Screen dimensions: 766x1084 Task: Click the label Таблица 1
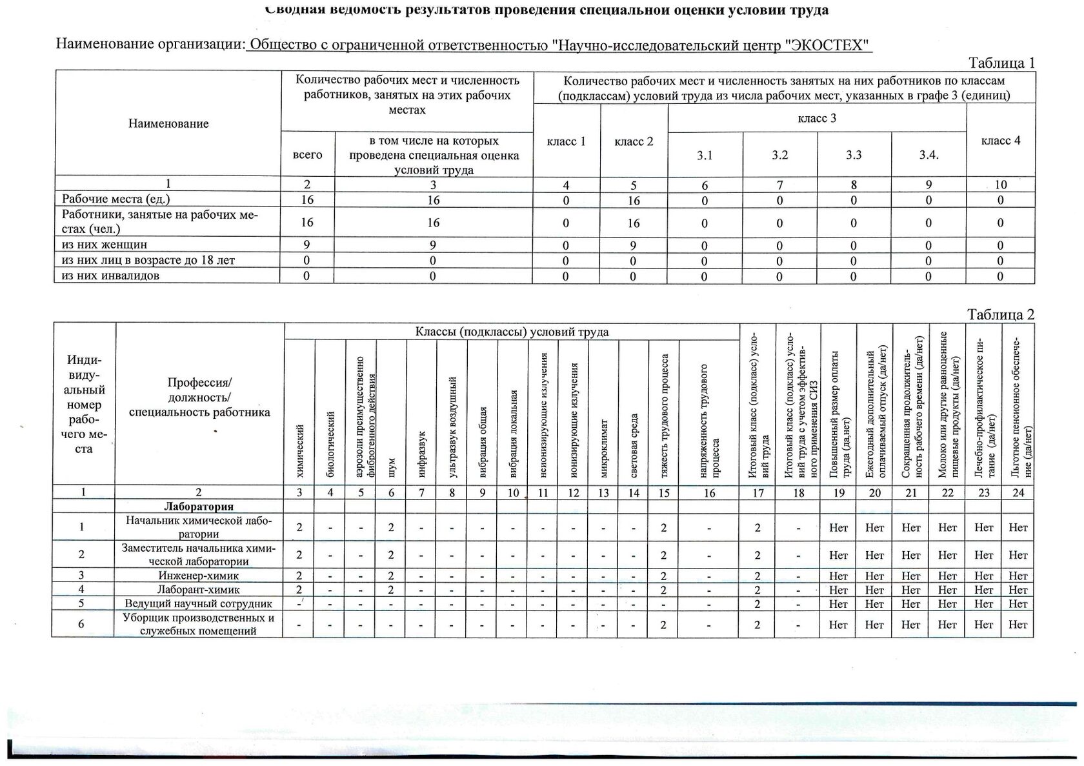(1002, 63)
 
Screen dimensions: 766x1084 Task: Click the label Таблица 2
(1001, 314)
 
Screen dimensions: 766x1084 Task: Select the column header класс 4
(1001, 141)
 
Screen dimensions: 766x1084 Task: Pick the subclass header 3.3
(854, 156)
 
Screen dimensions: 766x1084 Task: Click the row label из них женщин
(105, 245)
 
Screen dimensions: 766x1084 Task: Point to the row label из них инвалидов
(110, 276)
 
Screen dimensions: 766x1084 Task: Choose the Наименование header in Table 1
(168, 123)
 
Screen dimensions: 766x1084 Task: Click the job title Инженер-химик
(199, 575)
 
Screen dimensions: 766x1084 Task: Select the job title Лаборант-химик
(199, 589)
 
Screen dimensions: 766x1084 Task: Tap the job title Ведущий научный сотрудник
(199, 603)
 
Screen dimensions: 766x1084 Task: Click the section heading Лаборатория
(199, 507)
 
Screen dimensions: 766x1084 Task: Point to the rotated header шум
(392, 467)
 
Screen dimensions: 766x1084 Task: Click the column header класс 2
(634, 141)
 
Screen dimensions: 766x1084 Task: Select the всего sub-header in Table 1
(307, 155)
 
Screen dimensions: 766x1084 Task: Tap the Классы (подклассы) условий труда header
(512, 332)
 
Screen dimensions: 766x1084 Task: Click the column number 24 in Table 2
(1018, 493)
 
